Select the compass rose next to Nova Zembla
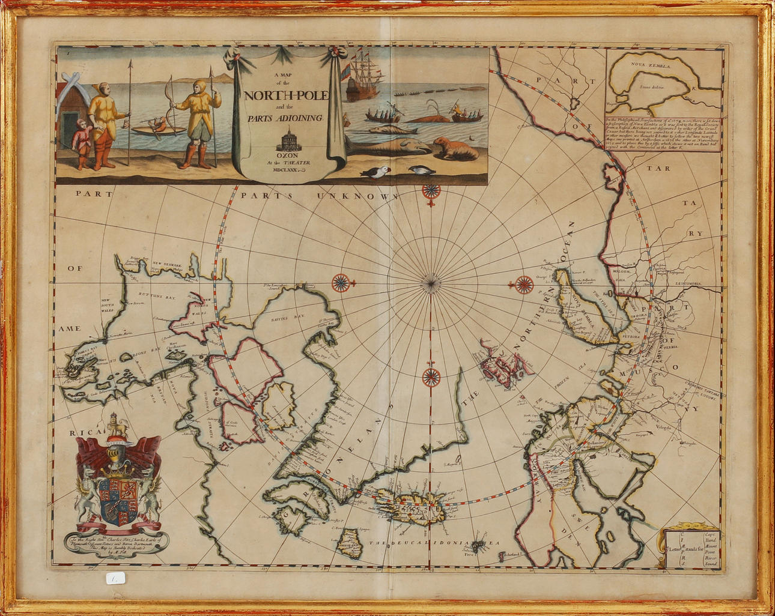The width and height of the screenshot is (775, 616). (x=524, y=284)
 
